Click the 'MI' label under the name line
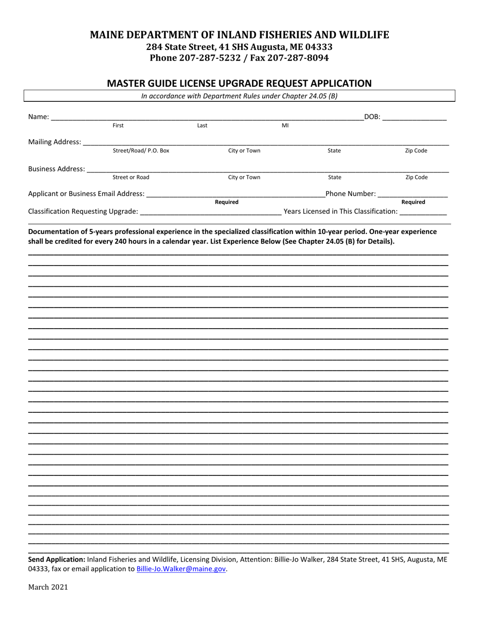[x=285, y=126]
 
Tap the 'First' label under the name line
[x=118, y=126]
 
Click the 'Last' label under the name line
[x=202, y=126]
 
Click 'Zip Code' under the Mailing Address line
[x=416, y=151]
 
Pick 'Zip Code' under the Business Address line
[x=416, y=177]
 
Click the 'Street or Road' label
[x=131, y=177]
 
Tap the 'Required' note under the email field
[x=226, y=202]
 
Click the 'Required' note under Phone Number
[x=413, y=202]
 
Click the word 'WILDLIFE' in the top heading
[x=362, y=35]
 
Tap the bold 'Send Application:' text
[x=57, y=560]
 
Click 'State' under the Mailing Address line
[x=334, y=151]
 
